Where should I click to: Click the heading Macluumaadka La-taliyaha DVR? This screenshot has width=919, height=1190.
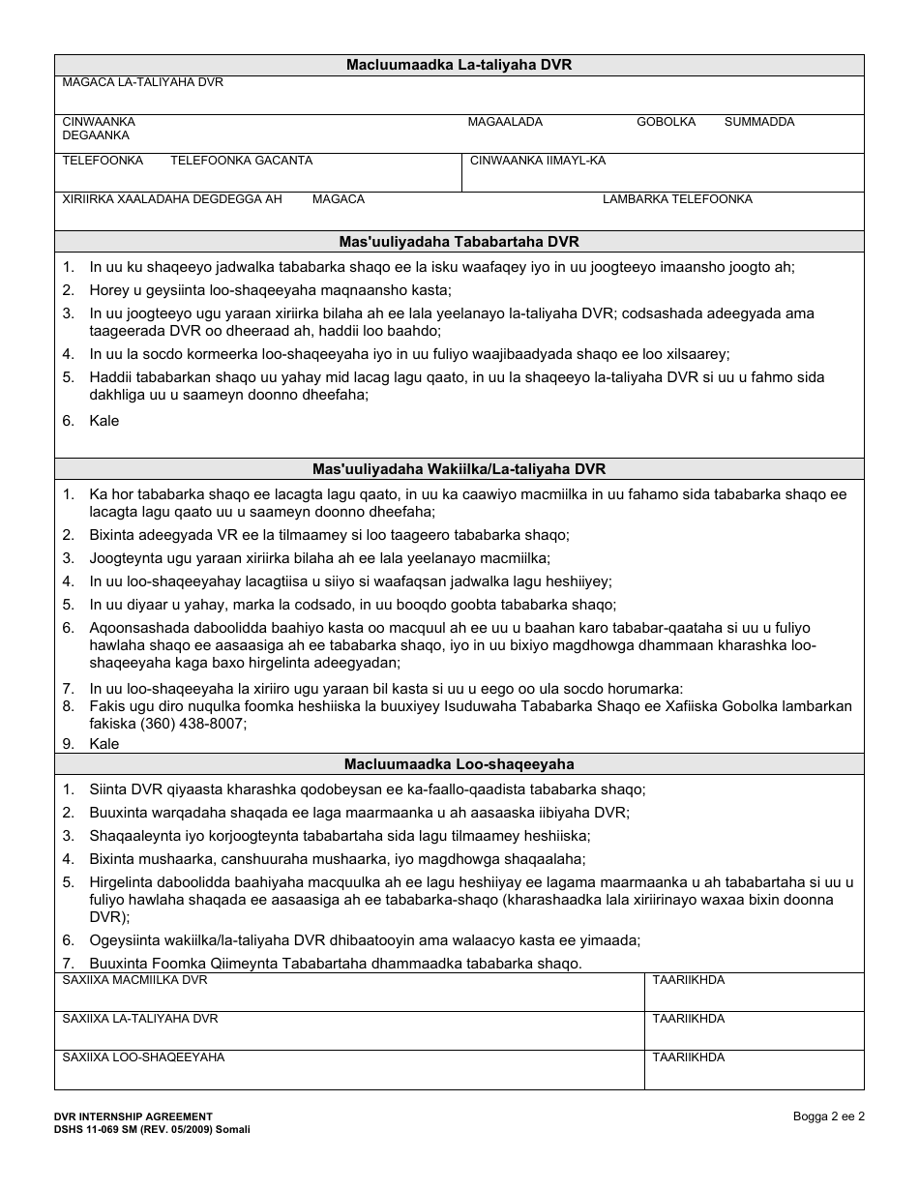[459, 65]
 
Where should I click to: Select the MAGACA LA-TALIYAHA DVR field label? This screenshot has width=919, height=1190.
[142, 83]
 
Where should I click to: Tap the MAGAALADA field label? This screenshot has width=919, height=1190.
[505, 122]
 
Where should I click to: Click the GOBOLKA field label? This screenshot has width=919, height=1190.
[666, 122]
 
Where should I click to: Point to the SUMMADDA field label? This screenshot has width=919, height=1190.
[758, 122]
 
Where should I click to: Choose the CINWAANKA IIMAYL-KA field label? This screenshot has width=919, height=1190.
[537, 161]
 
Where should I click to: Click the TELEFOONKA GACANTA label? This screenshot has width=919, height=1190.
[241, 161]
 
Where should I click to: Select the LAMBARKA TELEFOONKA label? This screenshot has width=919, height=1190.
[676, 199]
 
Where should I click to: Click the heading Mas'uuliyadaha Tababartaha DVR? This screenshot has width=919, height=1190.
[459, 242]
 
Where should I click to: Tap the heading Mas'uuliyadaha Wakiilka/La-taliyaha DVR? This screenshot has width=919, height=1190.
[459, 469]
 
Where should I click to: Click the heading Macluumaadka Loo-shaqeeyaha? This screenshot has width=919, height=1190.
[459, 764]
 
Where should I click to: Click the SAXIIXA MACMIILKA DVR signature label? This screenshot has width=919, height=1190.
[134, 980]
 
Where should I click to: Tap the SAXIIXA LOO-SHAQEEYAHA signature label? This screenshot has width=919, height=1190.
[143, 1057]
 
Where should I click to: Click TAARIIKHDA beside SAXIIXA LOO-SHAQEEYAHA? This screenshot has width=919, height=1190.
[688, 1057]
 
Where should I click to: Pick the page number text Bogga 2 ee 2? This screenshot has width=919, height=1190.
[828, 1116]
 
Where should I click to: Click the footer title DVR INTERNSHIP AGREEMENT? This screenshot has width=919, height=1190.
[133, 1116]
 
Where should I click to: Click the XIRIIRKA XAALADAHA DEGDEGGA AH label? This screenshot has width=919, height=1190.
[171, 199]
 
